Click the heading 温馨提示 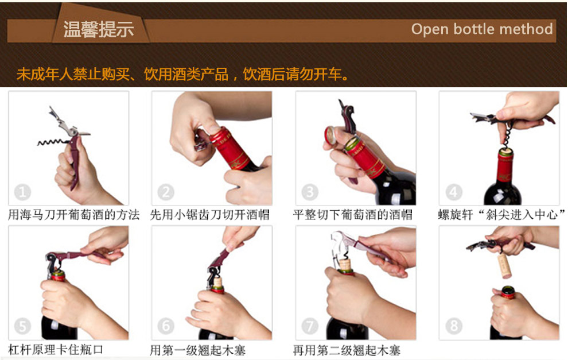click(99, 29)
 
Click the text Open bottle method click(482, 29)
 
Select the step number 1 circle click(22, 192)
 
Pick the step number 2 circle click(166, 192)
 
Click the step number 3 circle click(310, 192)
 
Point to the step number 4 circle click(453, 192)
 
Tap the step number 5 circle click(22, 326)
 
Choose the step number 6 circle click(166, 326)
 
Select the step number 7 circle click(310, 326)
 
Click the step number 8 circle click(453, 326)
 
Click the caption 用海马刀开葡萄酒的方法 click(73, 215)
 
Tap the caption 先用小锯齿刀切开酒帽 click(210, 215)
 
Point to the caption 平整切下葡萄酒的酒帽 click(353, 215)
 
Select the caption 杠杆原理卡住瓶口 click(56, 350)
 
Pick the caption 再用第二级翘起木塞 click(347, 350)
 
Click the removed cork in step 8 click(505, 265)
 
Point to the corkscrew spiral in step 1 click(53, 142)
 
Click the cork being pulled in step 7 click(345, 265)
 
